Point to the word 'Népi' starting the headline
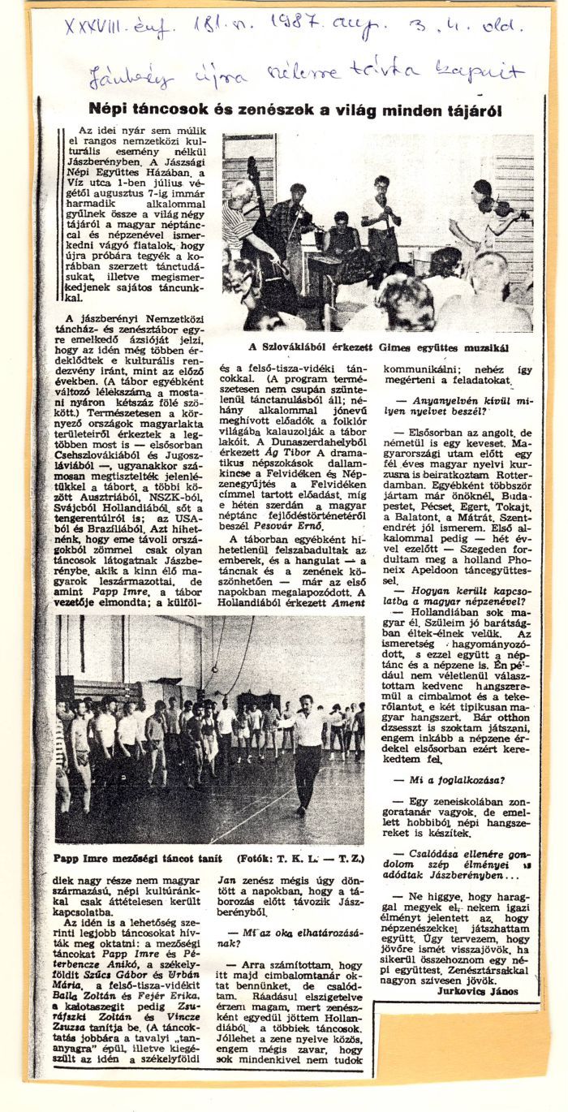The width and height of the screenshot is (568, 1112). tap(106, 110)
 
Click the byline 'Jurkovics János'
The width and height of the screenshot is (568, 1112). tap(476, 991)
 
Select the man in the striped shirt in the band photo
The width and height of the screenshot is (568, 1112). tap(240, 219)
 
